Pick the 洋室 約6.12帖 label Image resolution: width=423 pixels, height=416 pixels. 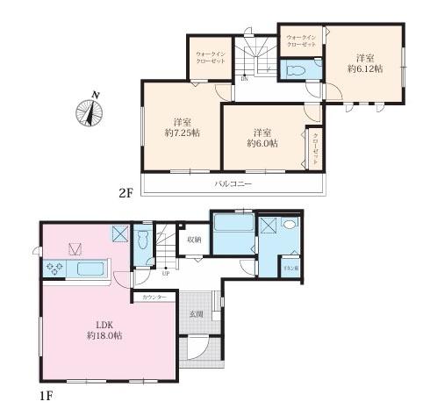pos(362,59)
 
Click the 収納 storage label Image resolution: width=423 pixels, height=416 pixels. pos(194,239)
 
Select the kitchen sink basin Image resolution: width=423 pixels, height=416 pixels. pos(86,268)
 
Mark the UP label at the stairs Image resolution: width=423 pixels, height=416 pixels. pos(166,272)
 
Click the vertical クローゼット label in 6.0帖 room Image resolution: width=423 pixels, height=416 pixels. pos(314,148)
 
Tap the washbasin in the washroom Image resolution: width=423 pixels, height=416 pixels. pos(290,224)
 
